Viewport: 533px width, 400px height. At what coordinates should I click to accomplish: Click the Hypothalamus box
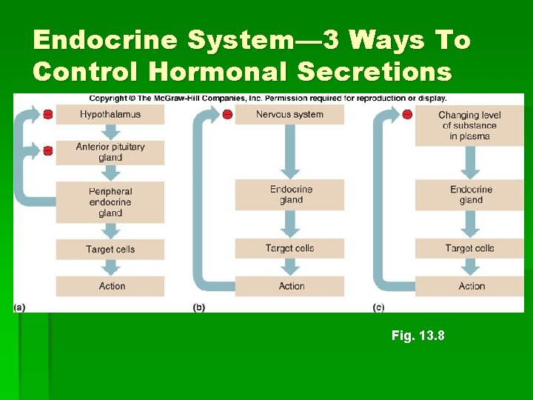coord(110,114)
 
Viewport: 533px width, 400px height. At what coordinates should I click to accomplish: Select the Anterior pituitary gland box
coord(110,152)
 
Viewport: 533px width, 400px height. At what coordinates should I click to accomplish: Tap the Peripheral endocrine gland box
coord(110,202)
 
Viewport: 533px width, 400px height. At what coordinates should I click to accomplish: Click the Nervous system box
coord(289,114)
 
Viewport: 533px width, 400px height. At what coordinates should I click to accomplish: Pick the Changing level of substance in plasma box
coord(469,125)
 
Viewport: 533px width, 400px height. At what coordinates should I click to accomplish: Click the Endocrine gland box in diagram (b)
coord(289,194)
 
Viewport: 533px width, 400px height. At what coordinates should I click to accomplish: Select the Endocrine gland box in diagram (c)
coord(469,194)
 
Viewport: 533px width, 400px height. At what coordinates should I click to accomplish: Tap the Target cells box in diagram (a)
coord(110,249)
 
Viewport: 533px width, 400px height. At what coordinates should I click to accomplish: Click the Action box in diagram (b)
coord(289,286)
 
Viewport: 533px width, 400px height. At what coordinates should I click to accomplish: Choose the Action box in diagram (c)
coord(469,286)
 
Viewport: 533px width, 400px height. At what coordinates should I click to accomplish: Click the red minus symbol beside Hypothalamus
coord(48,114)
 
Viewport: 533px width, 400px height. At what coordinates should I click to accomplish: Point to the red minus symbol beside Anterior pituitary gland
coord(48,151)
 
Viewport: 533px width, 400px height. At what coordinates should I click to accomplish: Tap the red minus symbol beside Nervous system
coord(227,114)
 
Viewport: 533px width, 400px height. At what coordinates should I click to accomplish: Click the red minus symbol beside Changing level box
coord(407,114)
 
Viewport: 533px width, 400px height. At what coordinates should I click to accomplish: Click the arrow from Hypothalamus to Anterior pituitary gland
coord(110,132)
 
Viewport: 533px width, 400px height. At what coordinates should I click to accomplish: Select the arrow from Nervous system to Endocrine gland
coord(289,151)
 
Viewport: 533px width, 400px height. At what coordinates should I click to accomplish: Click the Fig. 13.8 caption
coord(418,336)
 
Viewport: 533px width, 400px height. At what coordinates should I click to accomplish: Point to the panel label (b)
coord(198,307)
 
